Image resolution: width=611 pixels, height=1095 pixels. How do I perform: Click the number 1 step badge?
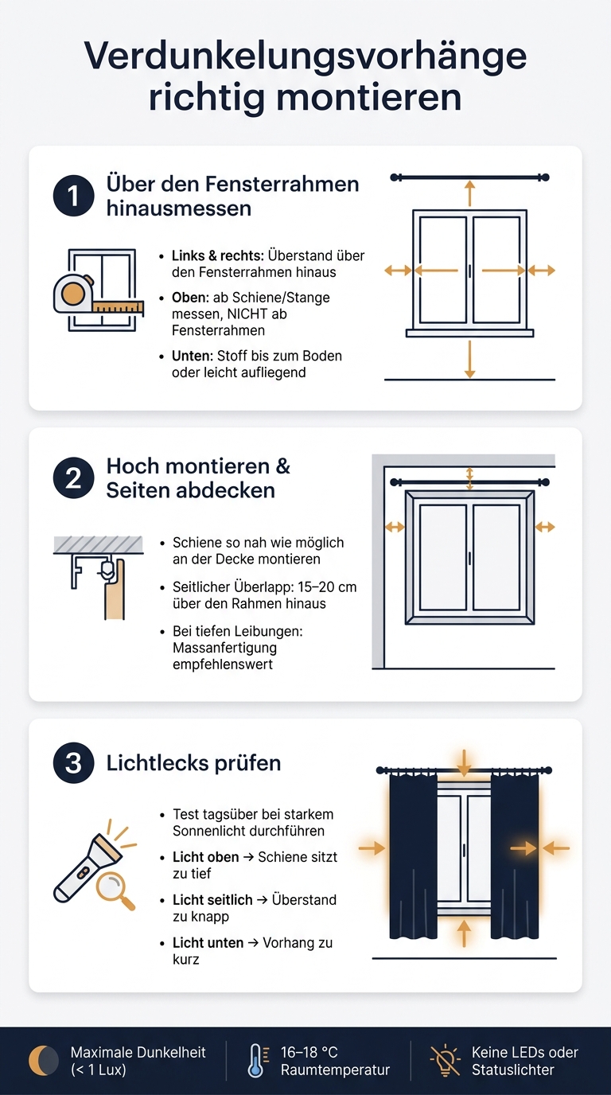[x=73, y=196]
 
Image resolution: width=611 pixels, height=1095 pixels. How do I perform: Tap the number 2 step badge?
[x=73, y=477]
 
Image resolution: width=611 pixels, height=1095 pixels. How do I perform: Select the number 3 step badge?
[x=73, y=762]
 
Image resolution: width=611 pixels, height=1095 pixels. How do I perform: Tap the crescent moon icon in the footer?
[x=43, y=1060]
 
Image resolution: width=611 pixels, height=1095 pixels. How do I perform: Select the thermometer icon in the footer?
[x=257, y=1060]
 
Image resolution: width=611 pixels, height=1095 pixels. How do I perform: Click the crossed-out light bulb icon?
[x=445, y=1060]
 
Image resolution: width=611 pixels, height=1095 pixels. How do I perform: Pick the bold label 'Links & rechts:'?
[x=217, y=255]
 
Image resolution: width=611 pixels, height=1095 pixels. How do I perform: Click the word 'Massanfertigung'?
[x=224, y=648]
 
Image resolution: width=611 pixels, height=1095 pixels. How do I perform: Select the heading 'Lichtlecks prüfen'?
[x=193, y=763]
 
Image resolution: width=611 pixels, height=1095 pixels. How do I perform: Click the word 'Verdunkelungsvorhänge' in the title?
[x=305, y=57]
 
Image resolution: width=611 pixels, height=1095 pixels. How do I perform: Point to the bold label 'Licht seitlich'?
[x=212, y=900]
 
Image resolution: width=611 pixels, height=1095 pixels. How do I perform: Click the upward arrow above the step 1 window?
[x=469, y=193]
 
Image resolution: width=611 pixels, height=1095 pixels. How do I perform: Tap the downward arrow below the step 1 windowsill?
[x=469, y=360]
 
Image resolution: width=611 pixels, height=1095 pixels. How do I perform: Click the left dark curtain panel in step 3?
[x=413, y=855]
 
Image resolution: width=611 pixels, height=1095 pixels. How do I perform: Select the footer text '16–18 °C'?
[x=309, y=1052]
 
